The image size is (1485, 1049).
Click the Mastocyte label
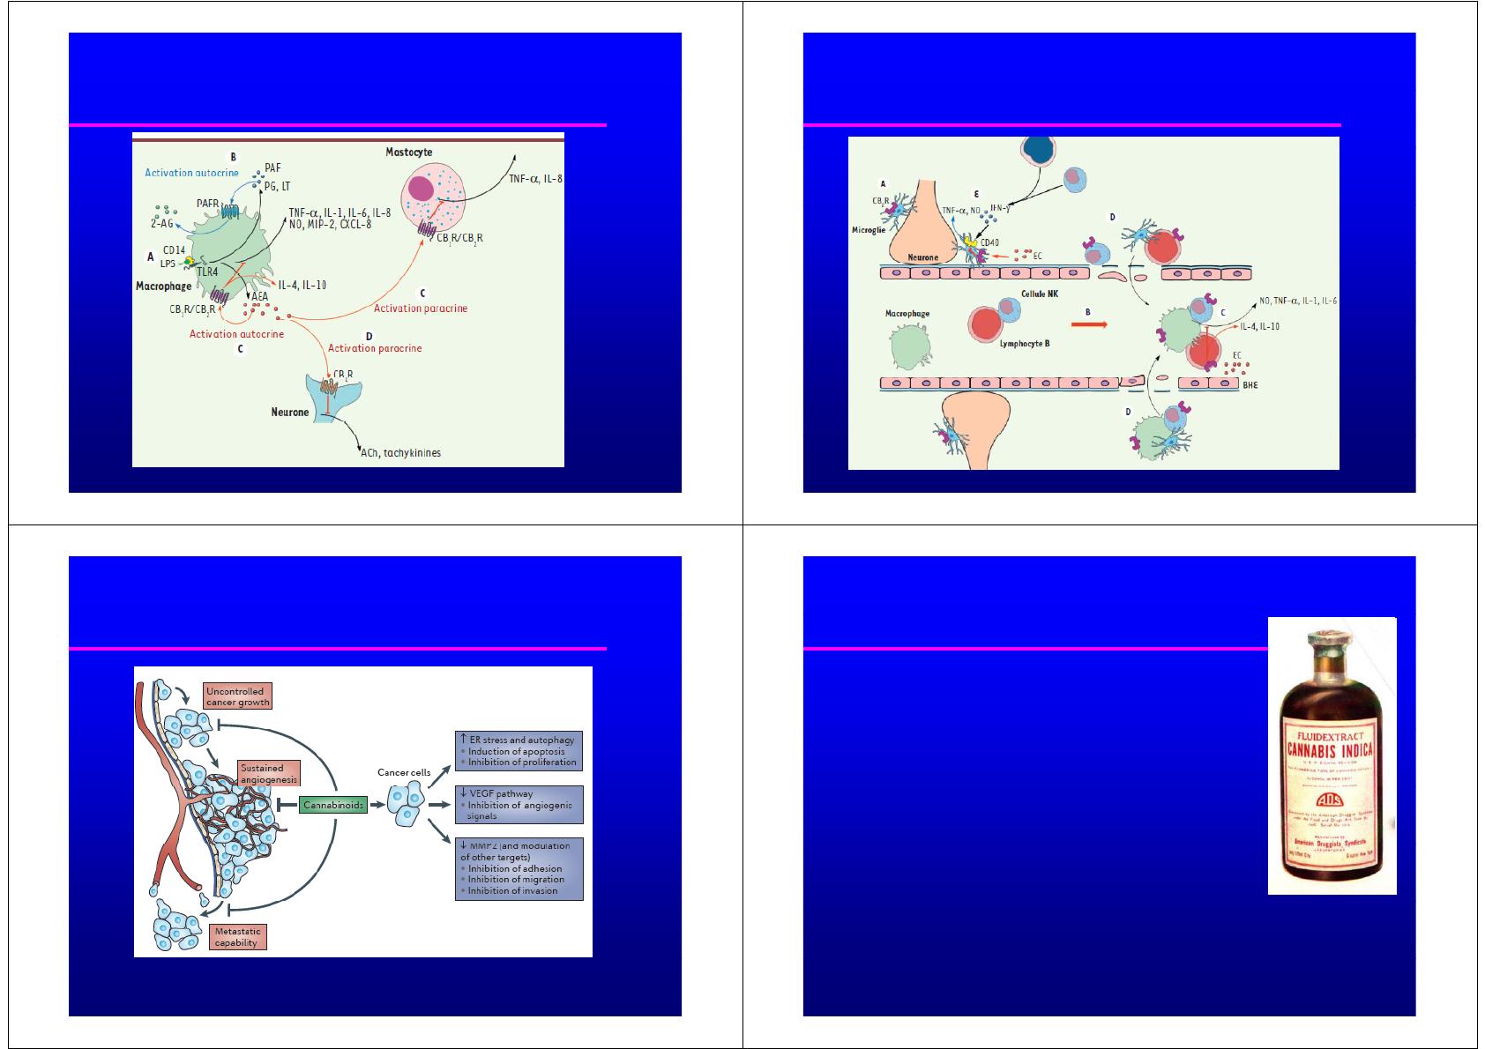click(409, 153)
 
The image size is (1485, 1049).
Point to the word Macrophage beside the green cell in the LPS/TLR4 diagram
click(164, 286)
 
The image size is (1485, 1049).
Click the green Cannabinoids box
click(333, 806)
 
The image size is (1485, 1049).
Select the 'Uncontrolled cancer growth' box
click(237, 696)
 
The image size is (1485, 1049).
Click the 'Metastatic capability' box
click(238, 936)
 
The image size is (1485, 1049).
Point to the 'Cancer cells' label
click(404, 772)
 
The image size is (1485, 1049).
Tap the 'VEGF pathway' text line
click(502, 793)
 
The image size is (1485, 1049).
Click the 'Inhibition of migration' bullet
click(516, 879)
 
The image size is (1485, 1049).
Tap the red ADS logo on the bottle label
click(1332, 798)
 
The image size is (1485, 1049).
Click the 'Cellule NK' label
click(1039, 294)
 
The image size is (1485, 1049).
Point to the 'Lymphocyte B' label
click(1025, 343)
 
